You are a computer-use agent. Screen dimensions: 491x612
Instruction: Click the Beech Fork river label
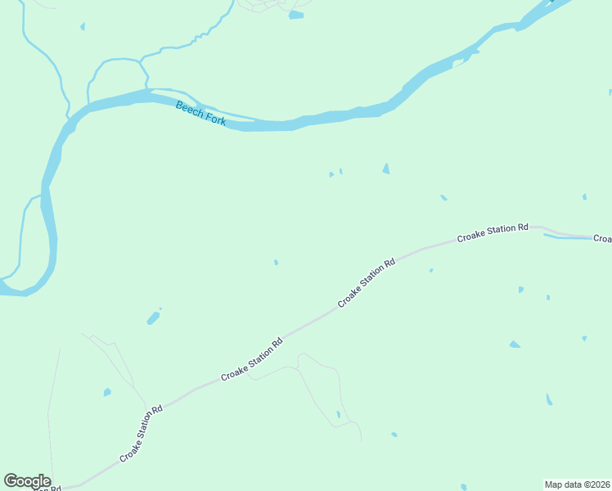(x=200, y=113)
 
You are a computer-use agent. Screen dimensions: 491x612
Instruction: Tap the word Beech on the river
(x=189, y=108)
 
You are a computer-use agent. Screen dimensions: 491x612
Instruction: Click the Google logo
(x=27, y=481)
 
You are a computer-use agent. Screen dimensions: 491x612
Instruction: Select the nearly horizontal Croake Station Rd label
(x=493, y=232)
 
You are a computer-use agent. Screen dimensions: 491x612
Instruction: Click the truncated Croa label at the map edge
(x=602, y=238)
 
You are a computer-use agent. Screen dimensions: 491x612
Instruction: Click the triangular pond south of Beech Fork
(x=385, y=169)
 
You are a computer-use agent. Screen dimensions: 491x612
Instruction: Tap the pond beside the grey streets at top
(x=295, y=15)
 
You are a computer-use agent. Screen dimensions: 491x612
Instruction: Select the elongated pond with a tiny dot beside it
(x=152, y=318)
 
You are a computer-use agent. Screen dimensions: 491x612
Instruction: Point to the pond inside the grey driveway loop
(x=338, y=415)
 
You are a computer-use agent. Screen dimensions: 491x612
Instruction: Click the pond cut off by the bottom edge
(x=463, y=487)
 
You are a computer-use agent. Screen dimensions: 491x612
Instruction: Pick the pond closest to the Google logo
(x=106, y=393)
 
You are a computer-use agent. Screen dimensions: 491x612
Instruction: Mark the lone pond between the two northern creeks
(x=82, y=26)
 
